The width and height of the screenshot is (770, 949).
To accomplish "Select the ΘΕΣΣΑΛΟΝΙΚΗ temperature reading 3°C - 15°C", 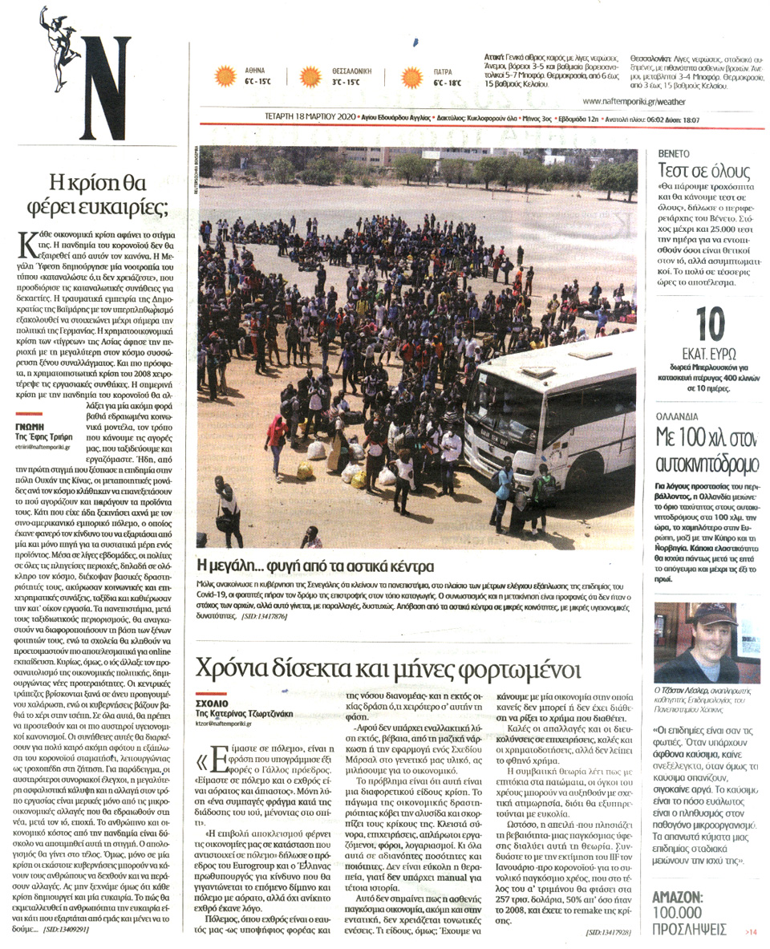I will point(342,83).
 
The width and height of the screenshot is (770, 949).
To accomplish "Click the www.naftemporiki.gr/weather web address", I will point(634,102).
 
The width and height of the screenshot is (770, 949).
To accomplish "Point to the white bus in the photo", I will point(553,418).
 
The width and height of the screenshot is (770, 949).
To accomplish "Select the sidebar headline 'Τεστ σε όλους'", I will point(703,171).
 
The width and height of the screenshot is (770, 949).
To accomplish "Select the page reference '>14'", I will point(750,931).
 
